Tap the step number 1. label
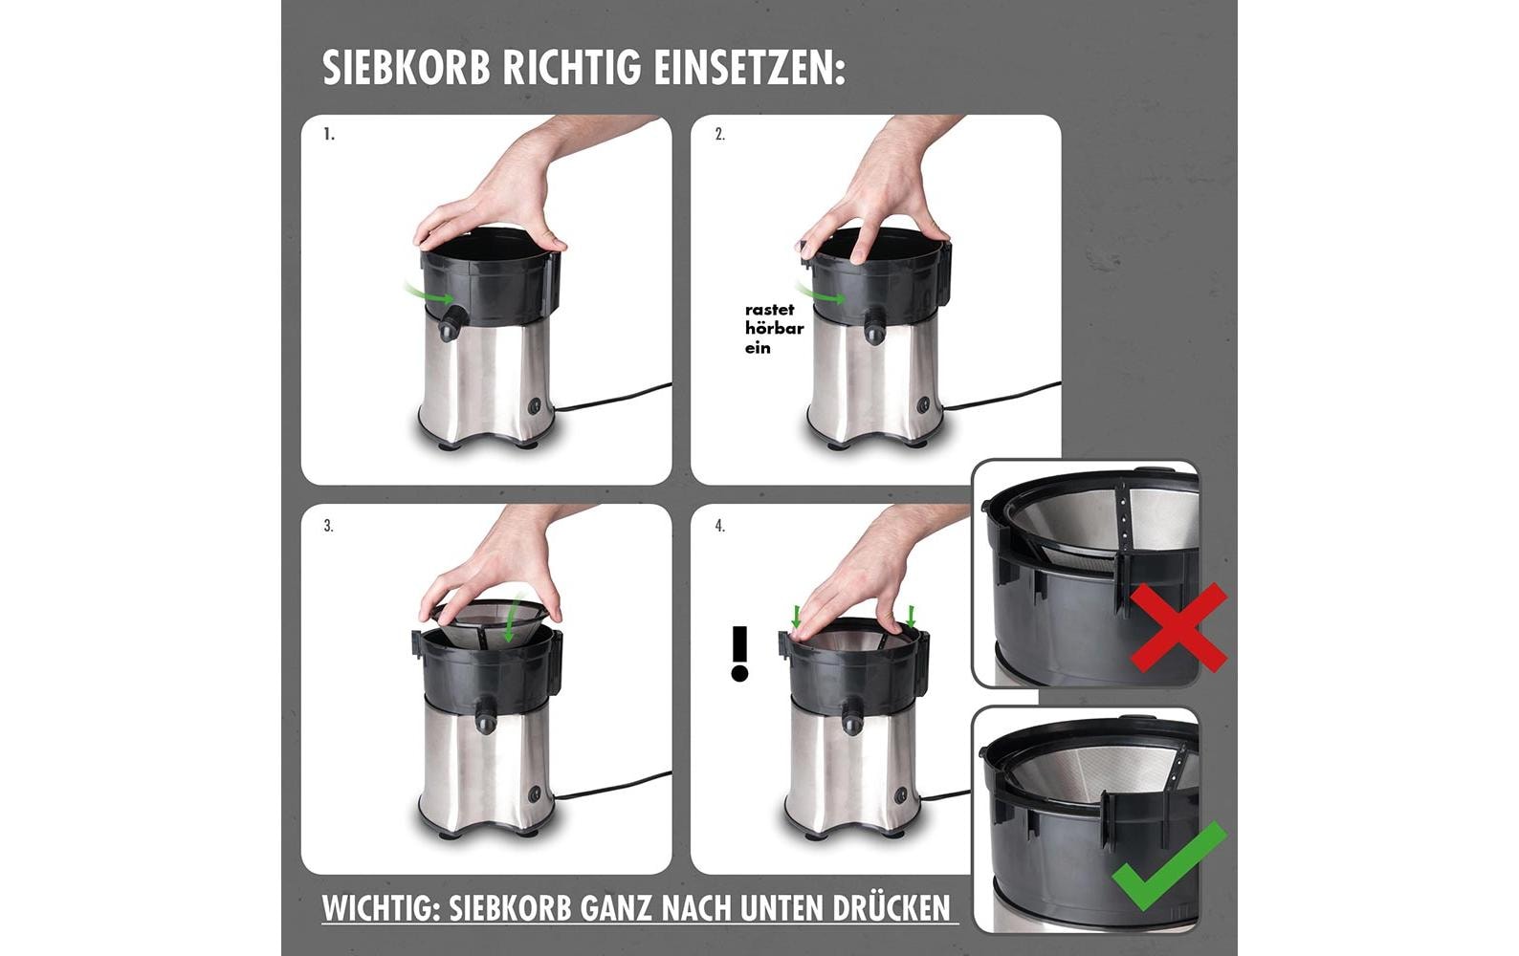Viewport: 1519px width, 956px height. coord(329,135)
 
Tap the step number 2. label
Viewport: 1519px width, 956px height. coord(719,135)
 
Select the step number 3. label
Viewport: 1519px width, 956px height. coord(328,526)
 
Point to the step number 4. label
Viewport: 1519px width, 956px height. coord(719,526)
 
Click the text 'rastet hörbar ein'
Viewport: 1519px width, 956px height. coord(773,328)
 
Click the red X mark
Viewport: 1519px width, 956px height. coord(1178,628)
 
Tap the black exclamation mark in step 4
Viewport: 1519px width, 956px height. coord(738,654)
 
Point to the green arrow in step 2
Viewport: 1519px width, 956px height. coord(820,293)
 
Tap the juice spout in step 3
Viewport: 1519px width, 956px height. coord(486,715)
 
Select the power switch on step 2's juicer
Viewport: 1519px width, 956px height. coord(924,404)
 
